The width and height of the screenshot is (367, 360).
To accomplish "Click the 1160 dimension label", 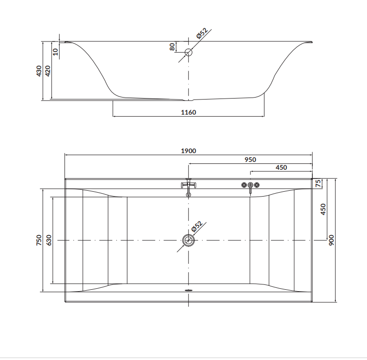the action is pyautogui.click(x=188, y=113).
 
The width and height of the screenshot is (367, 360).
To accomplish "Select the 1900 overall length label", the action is pyautogui.click(x=188, y=151).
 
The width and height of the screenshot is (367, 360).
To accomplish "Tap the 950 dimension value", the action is pyautogui.click(x=250, y=160).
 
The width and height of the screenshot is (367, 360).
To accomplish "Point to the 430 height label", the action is pyautogui.click(x=39, y=71).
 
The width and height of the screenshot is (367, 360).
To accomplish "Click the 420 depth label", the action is pyautogui.click(x=47, y=71).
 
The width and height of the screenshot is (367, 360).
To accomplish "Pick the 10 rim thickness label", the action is pyautogui.click(x=55, y=52).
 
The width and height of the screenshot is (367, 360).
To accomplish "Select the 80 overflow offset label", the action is pyautogui.click(x=172, y=47).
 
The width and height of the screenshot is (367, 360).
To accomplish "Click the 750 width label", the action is pyautogui.click(x=39, y=240).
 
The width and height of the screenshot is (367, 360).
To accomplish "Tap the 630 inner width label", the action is pyautogui.click(x=49, y=240).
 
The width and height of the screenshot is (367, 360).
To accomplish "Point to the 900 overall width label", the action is pyautogui.click(x=331, y=240).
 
